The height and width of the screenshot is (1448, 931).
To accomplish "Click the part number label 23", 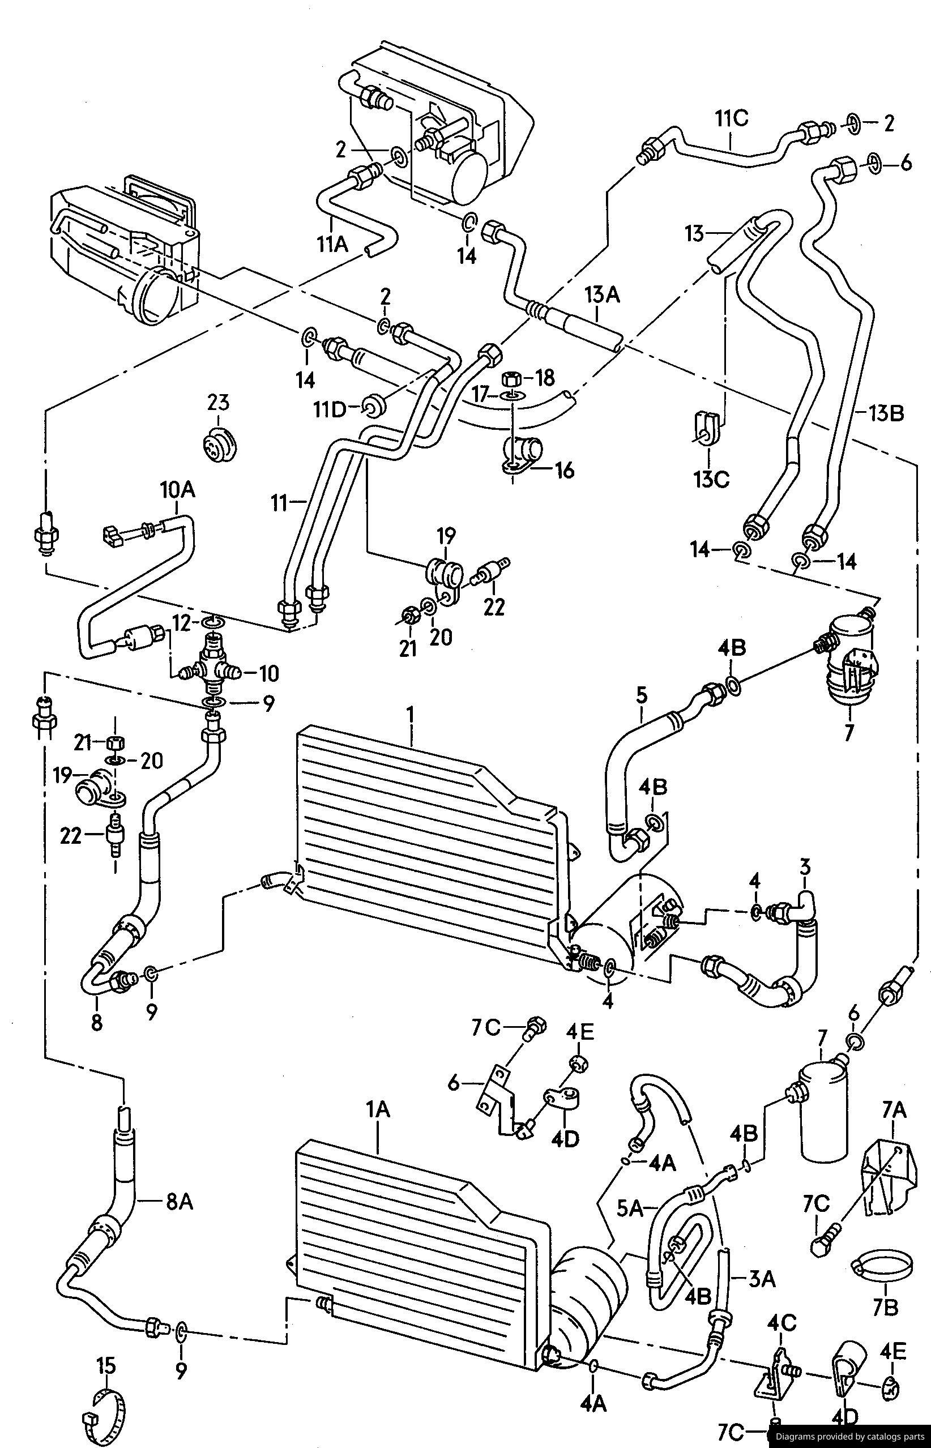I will (219, 401).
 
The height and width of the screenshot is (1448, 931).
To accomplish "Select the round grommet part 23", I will (219, 446).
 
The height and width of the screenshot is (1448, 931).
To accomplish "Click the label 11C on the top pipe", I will (732, 118).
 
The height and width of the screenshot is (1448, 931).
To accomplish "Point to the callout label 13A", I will (602, 296).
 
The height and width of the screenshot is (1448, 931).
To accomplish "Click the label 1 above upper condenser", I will (411, 714).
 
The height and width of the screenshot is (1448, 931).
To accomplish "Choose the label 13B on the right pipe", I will (887, 414).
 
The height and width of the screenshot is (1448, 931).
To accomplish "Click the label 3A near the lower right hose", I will (762, 1279).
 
